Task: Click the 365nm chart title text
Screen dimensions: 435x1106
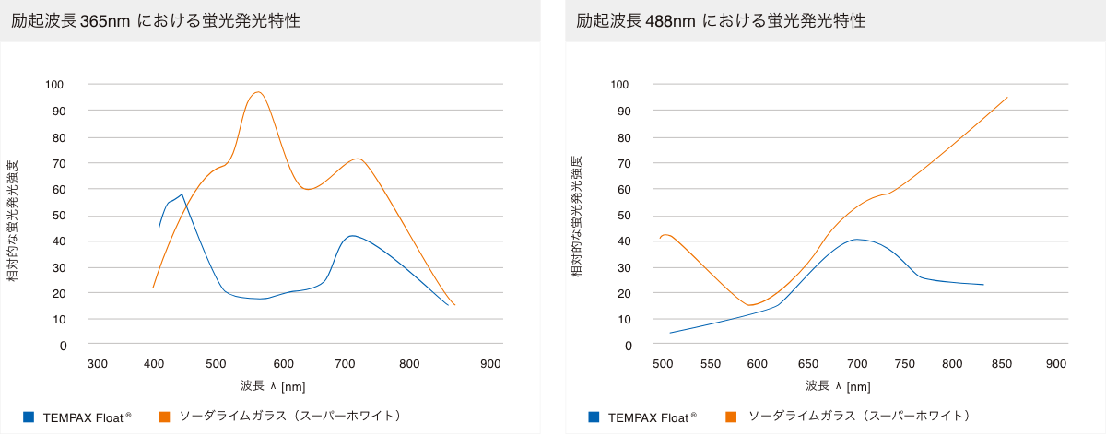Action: pyautogui.click(x=155, y=20)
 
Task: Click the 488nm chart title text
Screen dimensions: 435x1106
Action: pyautogui.click(x=721, y=20)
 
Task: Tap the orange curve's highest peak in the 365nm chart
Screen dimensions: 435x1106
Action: pyautogui.click(x=258, y=92)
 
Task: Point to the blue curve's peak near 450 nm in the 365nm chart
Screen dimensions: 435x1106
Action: pyautogui.click(x=182, y=194)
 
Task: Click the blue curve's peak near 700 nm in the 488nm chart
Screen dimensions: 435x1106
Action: pyautogui.click(x=857, y=240)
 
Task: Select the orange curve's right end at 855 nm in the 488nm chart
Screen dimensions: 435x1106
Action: pyautogui.click(x=1007, y=97)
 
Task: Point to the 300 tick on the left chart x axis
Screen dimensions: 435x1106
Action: pyautogui.click(x=98, y=363)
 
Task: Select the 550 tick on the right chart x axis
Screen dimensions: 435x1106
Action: pyautogui.click(x=710, y=363)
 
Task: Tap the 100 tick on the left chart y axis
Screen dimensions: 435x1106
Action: pyautogui.click(x=55, y=85)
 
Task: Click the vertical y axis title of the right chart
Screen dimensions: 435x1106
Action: pyautogui.click(x=576, y=217)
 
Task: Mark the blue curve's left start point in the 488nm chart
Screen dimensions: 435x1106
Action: pyautogui.click(x=670, y=333)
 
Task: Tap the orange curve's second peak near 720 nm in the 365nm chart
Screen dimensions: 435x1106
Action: pyautogui.click(x=359, y=159)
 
